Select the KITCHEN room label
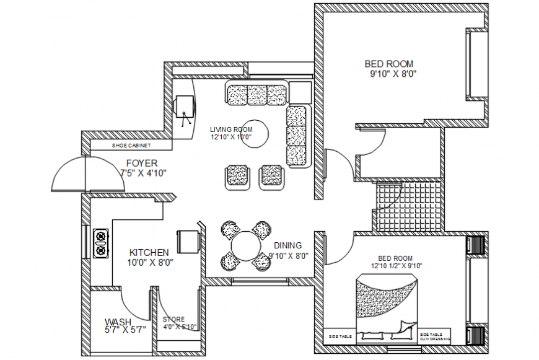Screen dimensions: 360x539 [x=149, y=253]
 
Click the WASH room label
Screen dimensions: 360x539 [x=117, y=322]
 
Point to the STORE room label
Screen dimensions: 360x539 [x=173, y=320]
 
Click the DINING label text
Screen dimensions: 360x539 [x=286, y=245]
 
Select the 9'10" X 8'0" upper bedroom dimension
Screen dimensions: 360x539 [x=393, y=74]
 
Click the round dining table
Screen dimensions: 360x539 [x=247, y=247]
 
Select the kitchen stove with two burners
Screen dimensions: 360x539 [x=100, y=244]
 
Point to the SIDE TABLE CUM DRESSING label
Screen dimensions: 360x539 [x=434, y=336]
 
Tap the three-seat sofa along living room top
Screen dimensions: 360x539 [x=256, y=94]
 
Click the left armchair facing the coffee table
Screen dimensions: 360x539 [x=237, y=175]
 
